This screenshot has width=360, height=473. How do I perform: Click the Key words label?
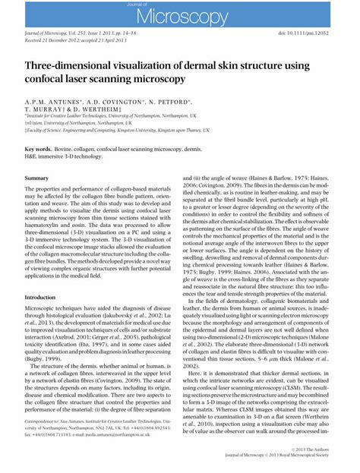pos(39,150)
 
